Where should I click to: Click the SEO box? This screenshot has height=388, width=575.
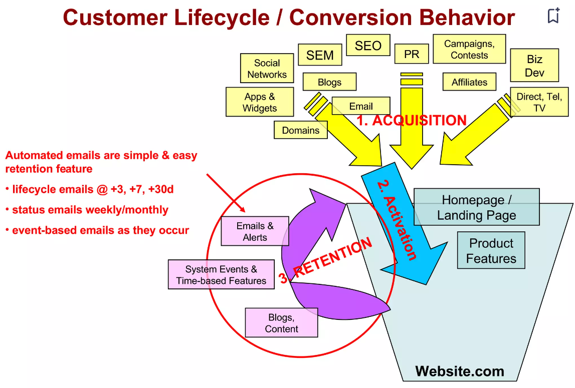(x=368, y=46)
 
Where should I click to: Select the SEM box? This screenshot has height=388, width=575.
(x=320, y=55)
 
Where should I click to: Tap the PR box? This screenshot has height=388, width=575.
(x=411, y=54)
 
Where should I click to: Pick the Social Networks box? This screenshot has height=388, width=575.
(x=267, y=69)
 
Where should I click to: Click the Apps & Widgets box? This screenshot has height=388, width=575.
(x=259, y=102)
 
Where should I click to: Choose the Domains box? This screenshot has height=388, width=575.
(x=300, y=130)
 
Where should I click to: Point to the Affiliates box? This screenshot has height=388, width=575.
(x=469, y=82)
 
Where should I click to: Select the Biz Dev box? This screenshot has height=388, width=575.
(x=534, y=66)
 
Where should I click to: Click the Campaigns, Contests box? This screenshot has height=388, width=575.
(x=469, y=49)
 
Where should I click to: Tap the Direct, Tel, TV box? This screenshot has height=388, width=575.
(x=539, y=102)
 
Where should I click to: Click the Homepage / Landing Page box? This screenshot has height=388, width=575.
(x=476, y=207)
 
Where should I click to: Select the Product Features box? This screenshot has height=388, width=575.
(x=491, y=250)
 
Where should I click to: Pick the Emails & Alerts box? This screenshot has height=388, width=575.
(x=255, y=231)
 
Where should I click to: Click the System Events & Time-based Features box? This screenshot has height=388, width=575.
(x=221, y=275)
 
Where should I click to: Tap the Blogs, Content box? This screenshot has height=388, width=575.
(x=281, y=323)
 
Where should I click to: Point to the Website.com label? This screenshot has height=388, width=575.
(x=460, y=371)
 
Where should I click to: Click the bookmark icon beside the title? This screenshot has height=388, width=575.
(x=553, y=16)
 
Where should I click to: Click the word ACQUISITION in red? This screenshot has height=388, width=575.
(x=419, y=121)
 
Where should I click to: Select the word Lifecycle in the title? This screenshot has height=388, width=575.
(x=221, y=18)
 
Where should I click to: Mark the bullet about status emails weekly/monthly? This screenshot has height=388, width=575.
(x=90, y=210)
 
